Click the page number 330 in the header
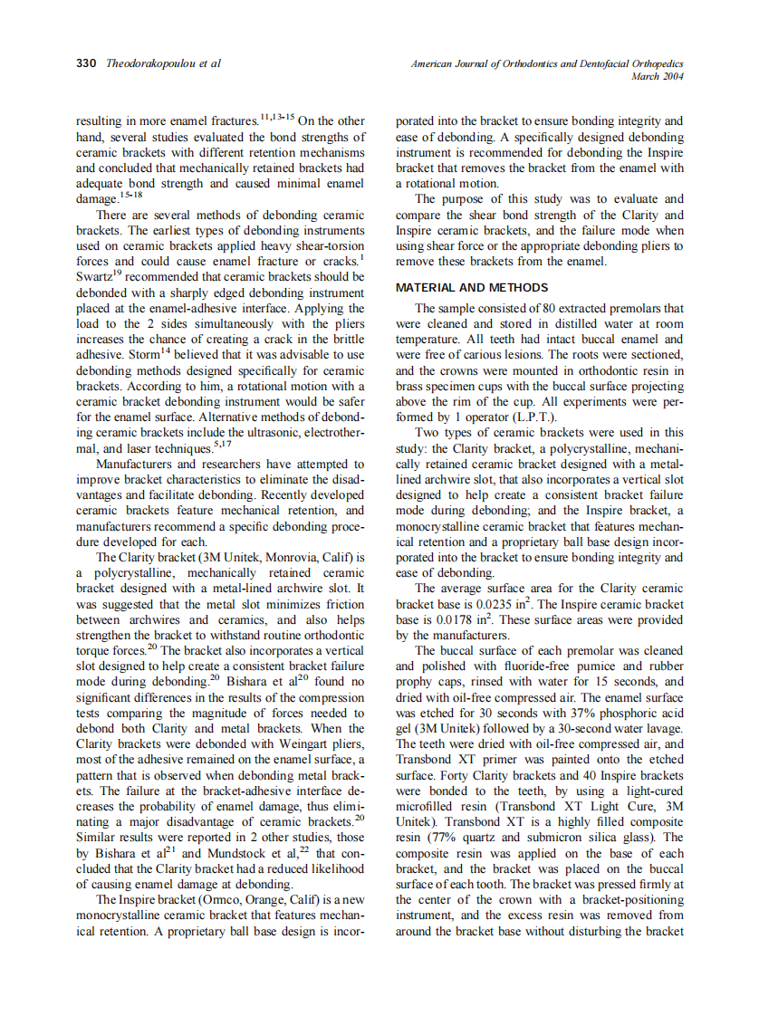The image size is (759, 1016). [86, 64]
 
